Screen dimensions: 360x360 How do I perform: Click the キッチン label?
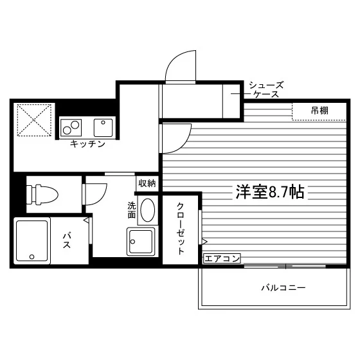[87, 144]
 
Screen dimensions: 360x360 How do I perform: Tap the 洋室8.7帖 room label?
[270, 192]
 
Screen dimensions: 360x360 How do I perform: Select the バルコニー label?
[283, 287]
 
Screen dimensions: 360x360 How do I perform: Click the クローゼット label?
[181, 229]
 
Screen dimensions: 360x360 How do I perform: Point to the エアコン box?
[222, 258]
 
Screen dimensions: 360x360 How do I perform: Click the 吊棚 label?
[319, 111]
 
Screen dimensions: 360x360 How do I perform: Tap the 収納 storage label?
[147, 183]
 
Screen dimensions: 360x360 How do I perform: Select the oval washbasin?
[147, 210]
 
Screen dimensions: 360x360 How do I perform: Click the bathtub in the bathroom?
[32, 240]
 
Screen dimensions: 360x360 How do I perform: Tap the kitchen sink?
[103, 128]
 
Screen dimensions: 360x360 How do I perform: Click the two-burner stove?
[71, 128]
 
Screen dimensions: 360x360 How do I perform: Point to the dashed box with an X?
[34, 120]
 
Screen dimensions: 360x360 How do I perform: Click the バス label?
[67, 240]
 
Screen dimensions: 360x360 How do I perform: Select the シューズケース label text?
[266, 89]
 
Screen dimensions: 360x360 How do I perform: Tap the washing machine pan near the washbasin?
[141, 242]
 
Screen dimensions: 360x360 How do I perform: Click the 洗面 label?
[132, 210]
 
